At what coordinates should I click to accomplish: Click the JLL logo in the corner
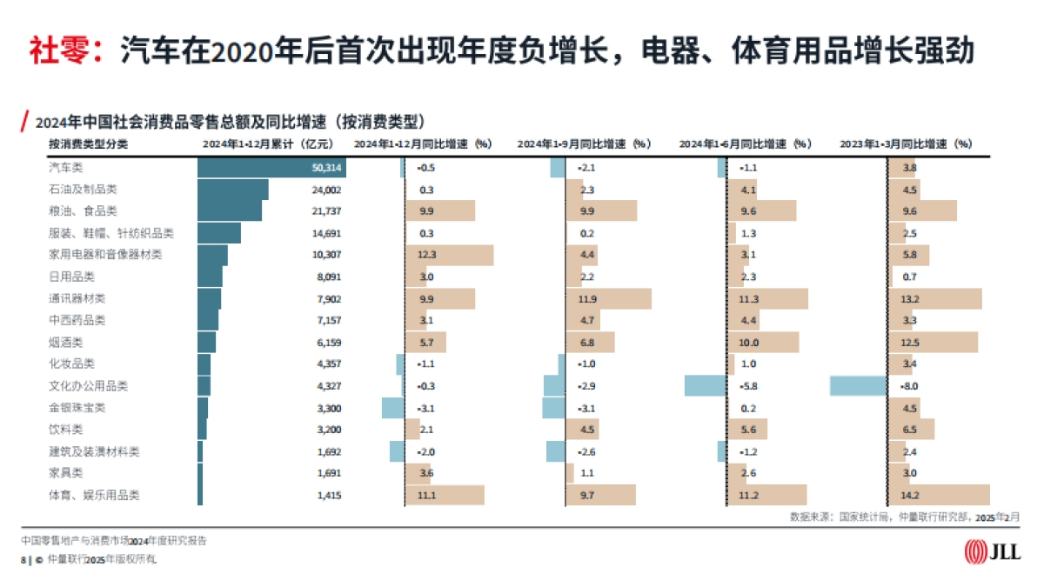coord(993,551)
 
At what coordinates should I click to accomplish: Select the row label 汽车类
coord(65,167)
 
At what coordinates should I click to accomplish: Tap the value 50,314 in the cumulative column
coord(327,167)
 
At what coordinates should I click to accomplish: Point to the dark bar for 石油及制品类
coord(232,190)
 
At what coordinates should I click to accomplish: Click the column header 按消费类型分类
coord(88,143)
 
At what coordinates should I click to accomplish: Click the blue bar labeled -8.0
coord(858,386)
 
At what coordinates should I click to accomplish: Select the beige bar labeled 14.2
coord(939,496)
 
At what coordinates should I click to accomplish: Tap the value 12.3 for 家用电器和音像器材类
coord(426,255)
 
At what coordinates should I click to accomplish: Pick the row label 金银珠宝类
coord(77,408)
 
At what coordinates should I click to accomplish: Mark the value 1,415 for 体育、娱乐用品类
coord(330,496)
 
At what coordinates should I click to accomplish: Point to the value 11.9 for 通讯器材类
coord(589,298)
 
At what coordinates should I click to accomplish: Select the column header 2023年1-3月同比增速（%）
coord(905,143)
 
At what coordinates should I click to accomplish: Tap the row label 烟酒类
coord(65,343)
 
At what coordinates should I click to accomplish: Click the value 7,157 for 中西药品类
coord(330,320)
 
